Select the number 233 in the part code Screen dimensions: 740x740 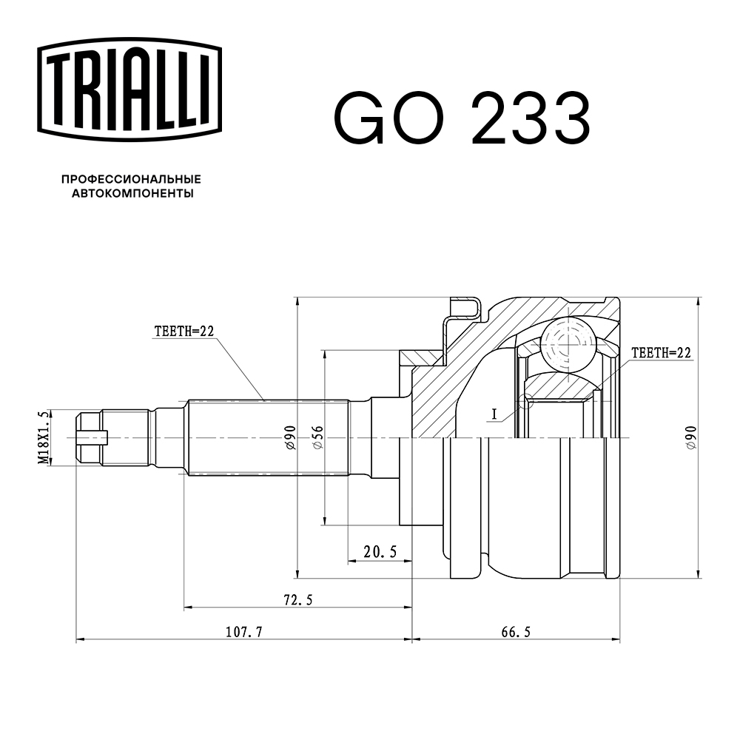pyautogui.click(x=531, y=118)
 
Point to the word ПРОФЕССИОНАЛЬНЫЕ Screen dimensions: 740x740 pyautogui.click(x=131, y=180)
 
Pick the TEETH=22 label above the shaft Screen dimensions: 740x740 pyautogui.click(x=184, y=332)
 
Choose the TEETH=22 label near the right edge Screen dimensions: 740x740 pyautogui.click(x=661, y=354)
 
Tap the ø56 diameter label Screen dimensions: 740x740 pyautogui.click(x=316, y=438)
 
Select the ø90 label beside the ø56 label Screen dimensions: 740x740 pyautogui.click(x=289, y=438)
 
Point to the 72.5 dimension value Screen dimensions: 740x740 pyautogui.click(x=296, y=600)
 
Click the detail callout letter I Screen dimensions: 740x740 pyautogui.click(x=494, y=415)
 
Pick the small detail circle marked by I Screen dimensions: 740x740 pyautogui.click(x=526, y=401)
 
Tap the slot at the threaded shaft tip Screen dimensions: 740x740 pyautogui.click(x=92, y=438)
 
